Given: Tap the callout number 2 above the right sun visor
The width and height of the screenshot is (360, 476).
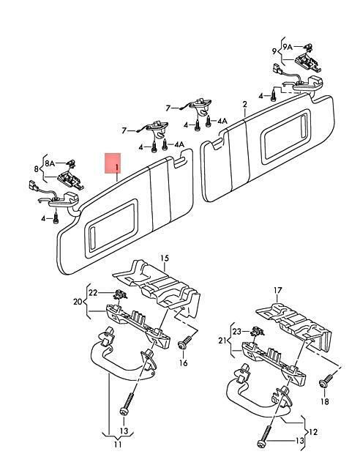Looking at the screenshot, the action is pos(244,105).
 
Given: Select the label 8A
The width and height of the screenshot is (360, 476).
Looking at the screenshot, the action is pos(50,163).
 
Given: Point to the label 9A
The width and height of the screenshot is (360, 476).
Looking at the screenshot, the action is pos(288,47).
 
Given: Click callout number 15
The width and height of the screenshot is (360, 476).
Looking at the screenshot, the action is pos(165,259).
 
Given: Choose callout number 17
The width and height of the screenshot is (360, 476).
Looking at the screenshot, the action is pos(278,291).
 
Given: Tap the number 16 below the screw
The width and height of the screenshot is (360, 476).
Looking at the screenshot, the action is pos(183,362).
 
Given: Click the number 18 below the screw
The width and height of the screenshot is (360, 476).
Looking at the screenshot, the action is pos(325,401).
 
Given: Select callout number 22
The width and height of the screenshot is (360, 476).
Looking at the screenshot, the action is pos(93,293).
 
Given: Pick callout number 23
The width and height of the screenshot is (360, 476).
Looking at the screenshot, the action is pos(237,332).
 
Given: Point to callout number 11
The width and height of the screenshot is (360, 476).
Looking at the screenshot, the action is pos(118,445).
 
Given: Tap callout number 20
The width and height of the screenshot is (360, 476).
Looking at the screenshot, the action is pos(78,302).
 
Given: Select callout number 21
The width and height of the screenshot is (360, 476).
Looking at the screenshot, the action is pos(222,341).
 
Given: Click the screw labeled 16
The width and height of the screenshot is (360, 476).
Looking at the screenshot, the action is pos(184,342).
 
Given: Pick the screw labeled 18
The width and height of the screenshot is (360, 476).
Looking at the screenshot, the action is pos(326,381).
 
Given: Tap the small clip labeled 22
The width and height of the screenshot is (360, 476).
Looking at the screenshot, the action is pos(119,294).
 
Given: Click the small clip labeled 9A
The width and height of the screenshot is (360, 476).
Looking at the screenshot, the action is pos(309,47).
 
